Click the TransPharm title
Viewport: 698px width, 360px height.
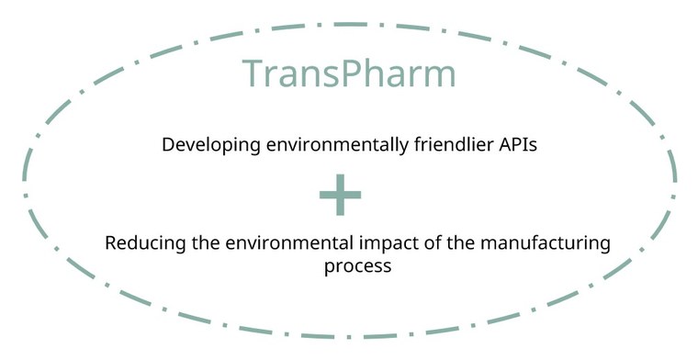click(349, 73)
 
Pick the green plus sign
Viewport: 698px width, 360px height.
click(340, 194)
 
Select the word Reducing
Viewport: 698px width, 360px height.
click(141, 244)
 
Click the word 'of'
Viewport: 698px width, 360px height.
click(409, 244)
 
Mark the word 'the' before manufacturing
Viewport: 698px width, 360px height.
click(439, 244)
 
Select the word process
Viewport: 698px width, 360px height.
click(358, 267)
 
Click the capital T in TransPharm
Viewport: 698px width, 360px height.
click(253, 73)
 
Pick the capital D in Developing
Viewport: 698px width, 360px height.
click(168, 144)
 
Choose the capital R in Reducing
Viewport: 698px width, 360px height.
click(110, 244)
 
